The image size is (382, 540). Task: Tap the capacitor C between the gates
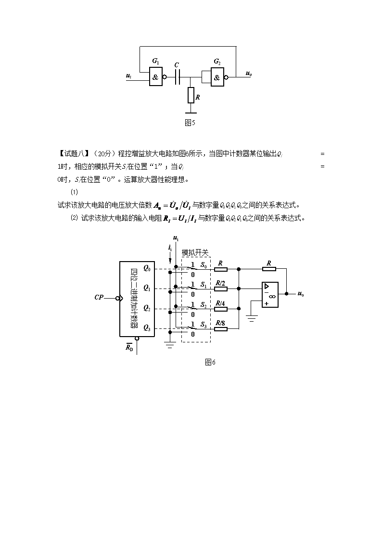[177, 76]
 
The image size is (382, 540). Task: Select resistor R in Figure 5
[191, 95]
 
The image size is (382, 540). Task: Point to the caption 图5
[190, 123]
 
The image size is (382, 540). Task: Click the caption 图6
[210, 362]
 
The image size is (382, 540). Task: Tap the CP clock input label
[99, 298]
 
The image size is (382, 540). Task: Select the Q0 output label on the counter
[146, 269]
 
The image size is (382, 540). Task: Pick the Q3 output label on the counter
[146, 329]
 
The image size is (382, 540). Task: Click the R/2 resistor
[221, 289]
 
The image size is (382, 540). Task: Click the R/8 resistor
[221, 329]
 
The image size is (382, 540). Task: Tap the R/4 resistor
[221, 309]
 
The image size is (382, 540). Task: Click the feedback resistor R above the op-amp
[269, 269]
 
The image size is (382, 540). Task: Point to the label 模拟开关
[195, 252]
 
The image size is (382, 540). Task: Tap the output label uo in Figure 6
[300, 293]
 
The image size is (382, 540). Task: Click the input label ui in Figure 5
[128, 76]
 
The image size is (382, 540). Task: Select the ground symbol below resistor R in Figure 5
[191, 113]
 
